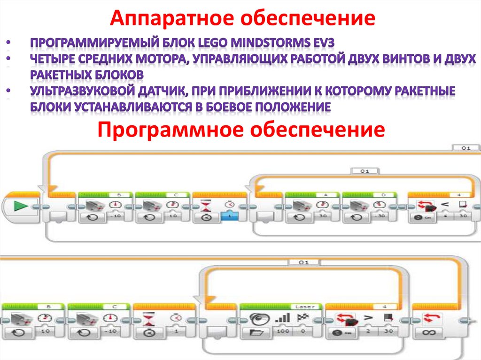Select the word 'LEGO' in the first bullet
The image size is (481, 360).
click(214, 43)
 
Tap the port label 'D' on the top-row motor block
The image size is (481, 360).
click(382, 194)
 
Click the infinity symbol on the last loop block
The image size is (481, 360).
click(429, 332)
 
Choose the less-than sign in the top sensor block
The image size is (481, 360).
click(445, 205)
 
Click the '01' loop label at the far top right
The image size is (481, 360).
click(465, 148)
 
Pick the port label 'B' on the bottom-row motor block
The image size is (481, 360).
click(47, 307)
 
